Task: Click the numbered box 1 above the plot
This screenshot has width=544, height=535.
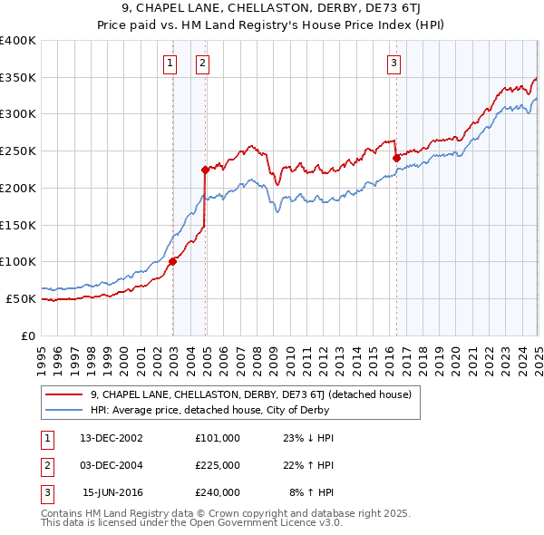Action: point(170,63)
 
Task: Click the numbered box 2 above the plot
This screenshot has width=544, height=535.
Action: point(201,63)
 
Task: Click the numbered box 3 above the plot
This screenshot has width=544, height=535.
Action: point(394,63)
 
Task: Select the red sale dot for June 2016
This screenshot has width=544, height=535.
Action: point(396,158)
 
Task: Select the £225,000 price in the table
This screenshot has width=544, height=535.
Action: point(218,465)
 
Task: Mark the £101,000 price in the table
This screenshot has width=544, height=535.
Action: point(218,437)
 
